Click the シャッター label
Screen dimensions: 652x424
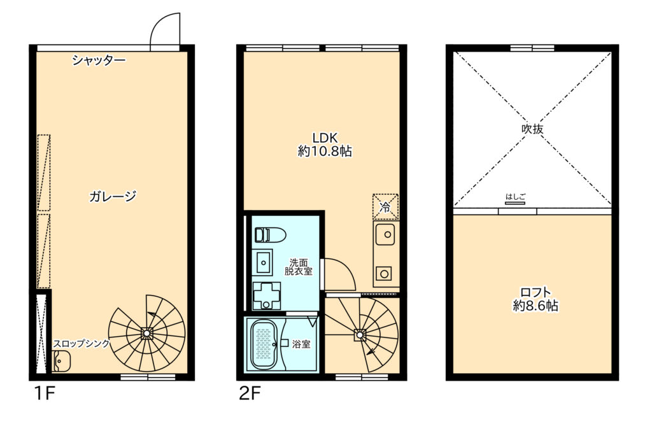99,60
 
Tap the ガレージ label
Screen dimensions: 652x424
113,196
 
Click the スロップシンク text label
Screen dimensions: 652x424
81,343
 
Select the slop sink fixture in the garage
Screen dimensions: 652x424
62,361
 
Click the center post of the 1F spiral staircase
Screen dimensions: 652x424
146,332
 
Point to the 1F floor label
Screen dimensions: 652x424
45,393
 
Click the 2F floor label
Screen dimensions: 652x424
250,393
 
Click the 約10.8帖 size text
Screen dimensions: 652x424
325,151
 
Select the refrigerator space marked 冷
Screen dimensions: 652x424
385,207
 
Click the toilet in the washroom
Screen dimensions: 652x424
269,235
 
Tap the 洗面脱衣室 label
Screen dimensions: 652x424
299,267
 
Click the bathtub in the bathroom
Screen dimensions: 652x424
264,344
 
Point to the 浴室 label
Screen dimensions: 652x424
301,344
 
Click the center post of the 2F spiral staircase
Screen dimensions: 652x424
360,334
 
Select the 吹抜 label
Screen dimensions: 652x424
532,129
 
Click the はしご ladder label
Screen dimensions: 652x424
516,197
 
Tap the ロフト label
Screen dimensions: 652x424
535,292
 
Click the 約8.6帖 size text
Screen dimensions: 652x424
535,306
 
